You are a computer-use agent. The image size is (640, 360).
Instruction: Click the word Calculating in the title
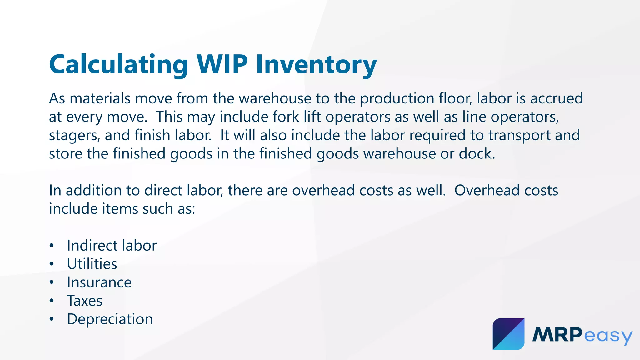coord(118,64)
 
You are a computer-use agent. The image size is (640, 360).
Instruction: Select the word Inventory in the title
coord(316,64)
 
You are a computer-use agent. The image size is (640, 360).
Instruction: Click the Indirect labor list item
coord(112,246)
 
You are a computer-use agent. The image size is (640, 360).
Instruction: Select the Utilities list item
coord(92,264)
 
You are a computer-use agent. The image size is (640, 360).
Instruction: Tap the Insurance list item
coord(99,282)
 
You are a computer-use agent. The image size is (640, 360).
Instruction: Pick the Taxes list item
coord(85,301)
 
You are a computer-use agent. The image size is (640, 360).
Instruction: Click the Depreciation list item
coord(110,319)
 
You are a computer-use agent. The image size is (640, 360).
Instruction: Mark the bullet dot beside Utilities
coord(52,264)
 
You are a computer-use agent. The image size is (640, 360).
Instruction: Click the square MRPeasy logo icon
coord(508,334)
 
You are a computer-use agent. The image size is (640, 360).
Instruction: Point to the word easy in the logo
coord(608,336)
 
